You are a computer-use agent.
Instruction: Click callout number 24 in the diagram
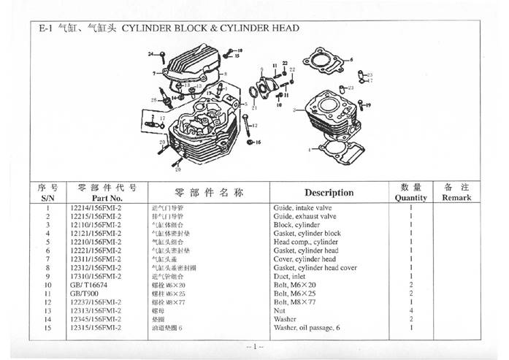150,55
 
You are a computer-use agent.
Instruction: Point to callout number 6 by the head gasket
351,58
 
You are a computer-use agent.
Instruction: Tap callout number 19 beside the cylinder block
369,106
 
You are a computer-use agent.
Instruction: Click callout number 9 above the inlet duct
262,64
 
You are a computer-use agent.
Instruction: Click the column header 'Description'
329,193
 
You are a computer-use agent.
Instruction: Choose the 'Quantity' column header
410,197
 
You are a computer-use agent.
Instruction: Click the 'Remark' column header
456,197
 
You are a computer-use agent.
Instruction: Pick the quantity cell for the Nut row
411,310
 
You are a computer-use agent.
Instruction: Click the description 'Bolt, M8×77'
295,302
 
